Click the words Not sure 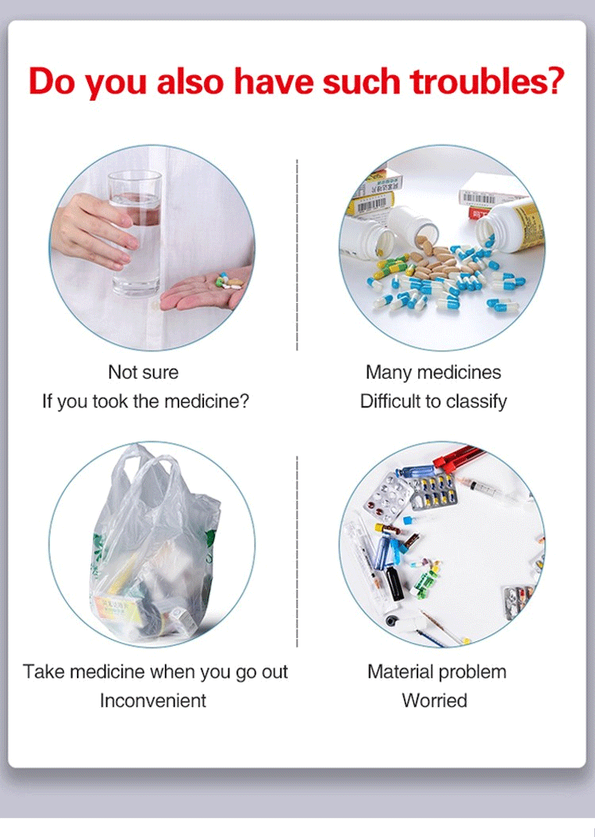[143, 372]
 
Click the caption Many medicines [433, 373]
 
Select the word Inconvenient [153, 701]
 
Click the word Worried [434, 701]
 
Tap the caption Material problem [437, 671]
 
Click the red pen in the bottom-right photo [459, 457]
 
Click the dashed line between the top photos [297, 254]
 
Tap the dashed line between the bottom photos [297, 552]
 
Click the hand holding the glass [94, 231]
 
